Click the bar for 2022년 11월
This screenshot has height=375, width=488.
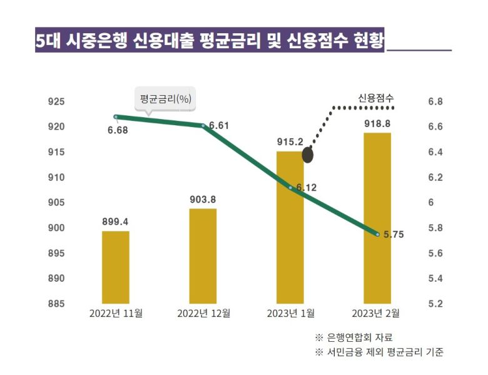pos(116,267)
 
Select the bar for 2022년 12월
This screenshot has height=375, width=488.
pos(203,256)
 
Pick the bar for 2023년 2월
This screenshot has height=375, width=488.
pos(377,218)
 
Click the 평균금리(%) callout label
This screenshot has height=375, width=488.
pos(165,98)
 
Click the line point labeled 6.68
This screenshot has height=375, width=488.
pos(116,116)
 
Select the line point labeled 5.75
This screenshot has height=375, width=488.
pos(378,234)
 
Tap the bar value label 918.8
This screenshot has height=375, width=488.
pos(377,123)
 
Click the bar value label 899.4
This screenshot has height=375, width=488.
pos(116,221)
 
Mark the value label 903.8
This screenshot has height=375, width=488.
pos(203,199)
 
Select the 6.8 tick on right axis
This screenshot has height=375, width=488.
pos(435,101)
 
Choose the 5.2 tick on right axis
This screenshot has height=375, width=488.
pos(435,304)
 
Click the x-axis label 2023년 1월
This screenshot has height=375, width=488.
pos(290,313)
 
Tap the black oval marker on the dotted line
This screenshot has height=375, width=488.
pos(308,155)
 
